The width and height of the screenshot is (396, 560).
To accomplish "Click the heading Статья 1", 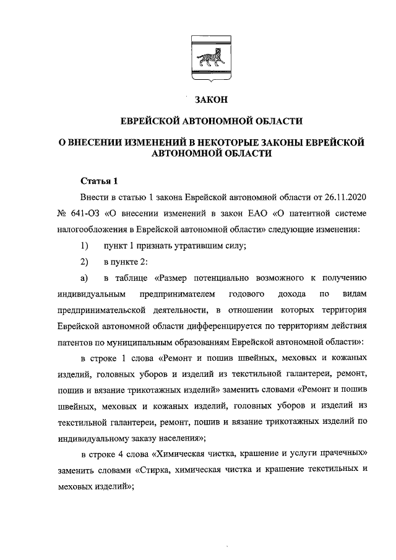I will point(99,181).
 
